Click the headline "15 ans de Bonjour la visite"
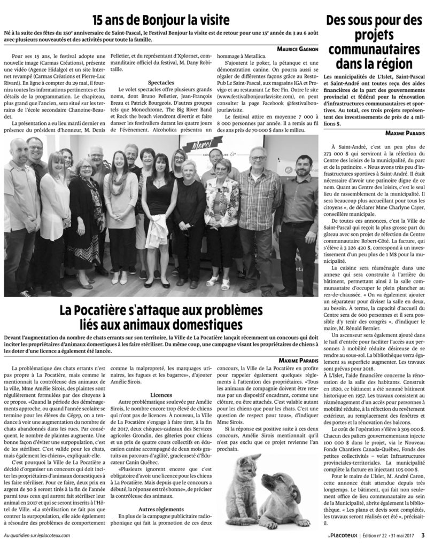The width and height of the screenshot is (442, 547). pyautogui.click(x=161, y=20)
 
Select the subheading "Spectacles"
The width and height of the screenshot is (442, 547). pyautogui.click(x=160, y=83)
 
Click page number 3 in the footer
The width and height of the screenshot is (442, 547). pyautogui.click(x=422, y=535)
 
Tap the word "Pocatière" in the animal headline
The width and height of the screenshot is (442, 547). pyautogui.click(x=96, y=310)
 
